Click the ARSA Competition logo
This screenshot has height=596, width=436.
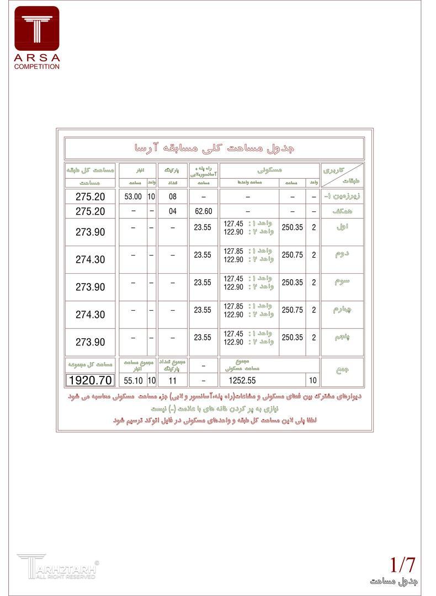pyautogui.click(x=37, y=37)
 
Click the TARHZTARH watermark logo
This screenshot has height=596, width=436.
pyautogui.click(x=57, y=566)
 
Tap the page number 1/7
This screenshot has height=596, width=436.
pyautogui.click(x=402, y=565)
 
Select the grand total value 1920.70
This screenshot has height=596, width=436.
pyautogui.click(x=90, y=380)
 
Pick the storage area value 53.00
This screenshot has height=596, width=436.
pyautogui.click(x=133, y=196)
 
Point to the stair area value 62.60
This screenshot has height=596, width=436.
pyautogui.click(x=204, y=211)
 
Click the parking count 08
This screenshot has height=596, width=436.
pyautogui.click(x=173, y=196)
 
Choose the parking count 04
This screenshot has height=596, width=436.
pyautogui.click(x=173, y=211)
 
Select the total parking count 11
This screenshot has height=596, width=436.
pyautogui.click(x=173, y=380)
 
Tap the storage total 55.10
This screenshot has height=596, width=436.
pyautogui.click(x=133, y=380)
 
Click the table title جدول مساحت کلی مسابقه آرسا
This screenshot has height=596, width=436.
pyautogui.click(x=214, y=148)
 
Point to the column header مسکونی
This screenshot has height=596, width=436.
pyautogui.click(x=270, y=170)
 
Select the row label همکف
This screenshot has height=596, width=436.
pyautogui.click(x=342, y=211)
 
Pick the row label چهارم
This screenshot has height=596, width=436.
pyautogui.click(x=342, y=310)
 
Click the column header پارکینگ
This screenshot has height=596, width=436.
pyautogui.click(x=173, y=170)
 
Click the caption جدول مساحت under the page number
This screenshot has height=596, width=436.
pyautogui.click(x=394, y=582)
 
